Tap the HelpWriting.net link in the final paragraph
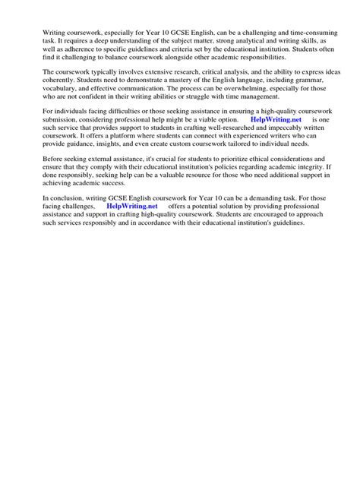tap(132, 207)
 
